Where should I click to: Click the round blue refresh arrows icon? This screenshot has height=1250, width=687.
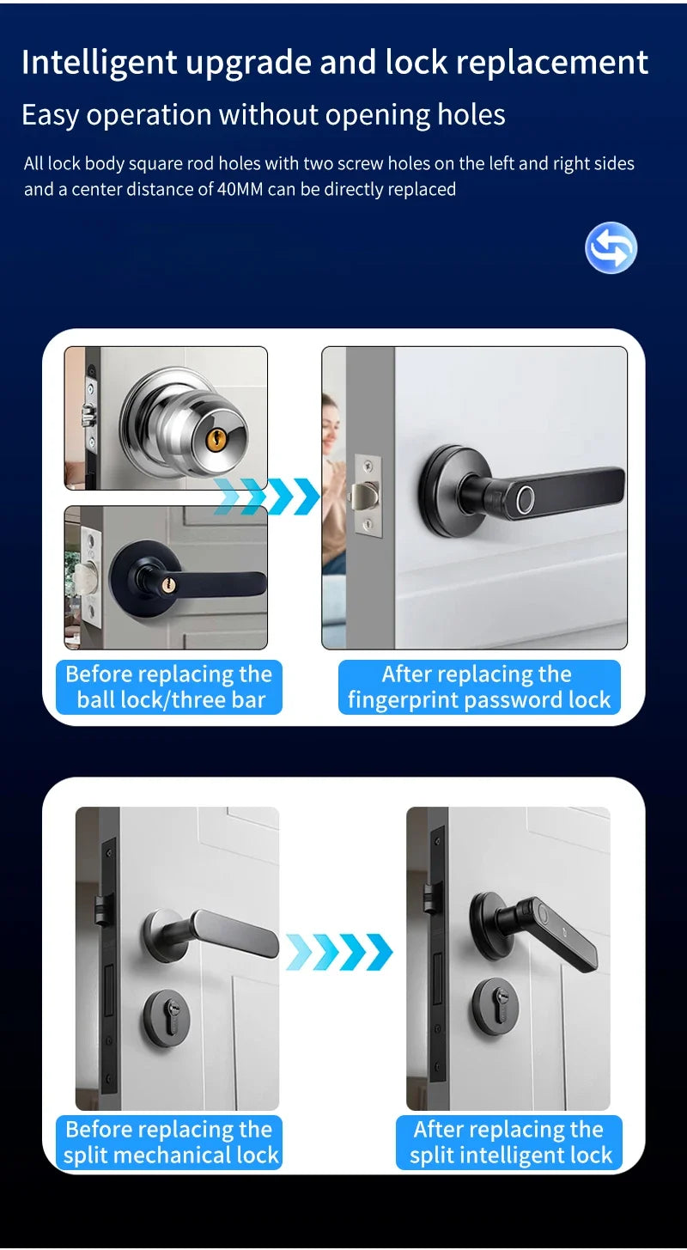pyautogui.click(x=611, y=248)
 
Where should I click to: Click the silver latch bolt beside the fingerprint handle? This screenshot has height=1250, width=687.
pyautogui.click(x=363, y=496)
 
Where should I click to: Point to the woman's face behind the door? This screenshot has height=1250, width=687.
pyautogui.click(x=331, y=418)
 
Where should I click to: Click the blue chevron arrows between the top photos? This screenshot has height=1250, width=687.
pyautogui.click(x=267, y=497)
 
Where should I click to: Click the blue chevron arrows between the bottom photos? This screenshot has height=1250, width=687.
pyautogui.click(x=338, y=952)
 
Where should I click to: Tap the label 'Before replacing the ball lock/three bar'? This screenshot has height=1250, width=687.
pyautogui.click(x=169, y=686)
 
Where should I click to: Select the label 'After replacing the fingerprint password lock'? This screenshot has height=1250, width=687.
pyautogui.click(x=478, y=686)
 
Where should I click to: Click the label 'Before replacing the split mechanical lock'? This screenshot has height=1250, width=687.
pyautogui.click(x=171, y=1142)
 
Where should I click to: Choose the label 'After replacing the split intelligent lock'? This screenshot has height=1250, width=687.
pyautogui.click(x=510, y=1142)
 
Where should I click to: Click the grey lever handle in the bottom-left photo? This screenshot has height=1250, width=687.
pyautogui.click(x=232, y=933)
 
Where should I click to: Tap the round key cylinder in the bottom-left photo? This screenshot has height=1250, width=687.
pyautogui.click(x=167, y=1018)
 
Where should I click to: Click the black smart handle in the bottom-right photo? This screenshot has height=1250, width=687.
pyautogui.click(x=550, y=933)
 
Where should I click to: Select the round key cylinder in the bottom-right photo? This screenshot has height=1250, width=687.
pyautogui.click(x=495, y=1005)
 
